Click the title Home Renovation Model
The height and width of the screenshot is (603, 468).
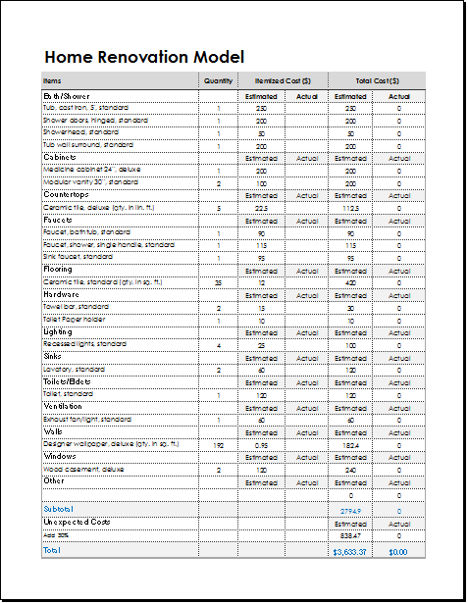(x=143, y=57)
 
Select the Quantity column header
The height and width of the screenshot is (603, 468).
(x=218, y=80)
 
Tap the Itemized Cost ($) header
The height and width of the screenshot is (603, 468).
(x=283, y=80)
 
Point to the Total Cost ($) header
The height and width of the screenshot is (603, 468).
(x=377, y=80)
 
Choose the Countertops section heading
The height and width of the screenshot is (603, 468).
(x=67, y=195)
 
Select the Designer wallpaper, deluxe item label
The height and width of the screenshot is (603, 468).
(x=111, y=444)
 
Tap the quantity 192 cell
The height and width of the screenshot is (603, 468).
(x=218, y=445)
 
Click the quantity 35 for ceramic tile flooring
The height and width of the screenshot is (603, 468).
(x=218, y=282)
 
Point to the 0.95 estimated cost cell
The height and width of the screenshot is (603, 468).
(x=262, y=445)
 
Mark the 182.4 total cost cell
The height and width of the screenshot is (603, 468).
(x=350, y=445)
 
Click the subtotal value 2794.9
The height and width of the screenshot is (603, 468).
(x=350, y=511)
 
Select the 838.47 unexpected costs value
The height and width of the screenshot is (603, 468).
(x=350, y=535)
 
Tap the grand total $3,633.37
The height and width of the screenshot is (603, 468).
(x=350, y=552)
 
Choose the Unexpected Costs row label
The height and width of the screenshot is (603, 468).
(x=78, y=523)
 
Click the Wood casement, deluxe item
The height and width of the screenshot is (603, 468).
(x=83, y=470)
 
